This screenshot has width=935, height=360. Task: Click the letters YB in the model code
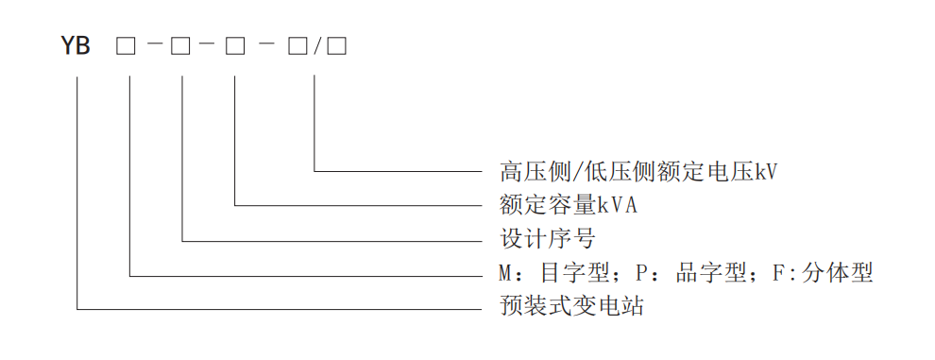click(x=76, y=44)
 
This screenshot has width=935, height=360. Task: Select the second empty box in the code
click(x=180, y=44)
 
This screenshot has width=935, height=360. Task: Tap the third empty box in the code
click(x=233, y=44)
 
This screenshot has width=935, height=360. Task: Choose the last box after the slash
click(x=337, y=44)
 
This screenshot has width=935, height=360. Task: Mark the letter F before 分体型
click(x=778, y=274)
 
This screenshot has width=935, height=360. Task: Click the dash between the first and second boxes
click(x=154, y=44)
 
